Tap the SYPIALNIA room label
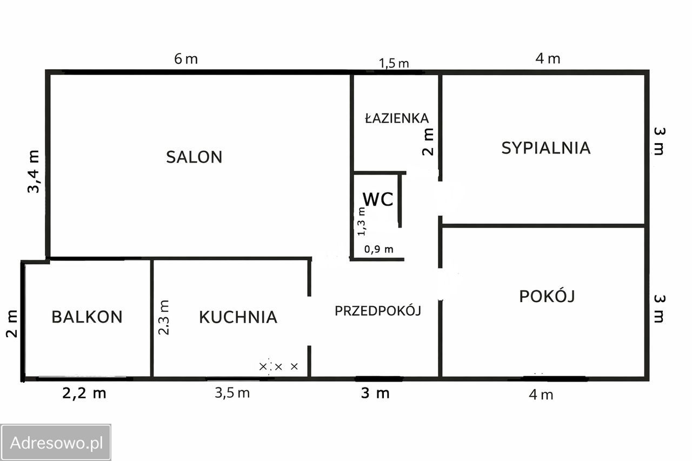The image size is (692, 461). (x=545, y=148)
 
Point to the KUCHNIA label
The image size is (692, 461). (x=238, y=317)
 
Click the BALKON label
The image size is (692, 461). (x=87, y=317)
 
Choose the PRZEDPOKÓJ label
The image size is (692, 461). (x=377, y=311)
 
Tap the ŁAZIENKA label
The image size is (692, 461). (x=397, y=118)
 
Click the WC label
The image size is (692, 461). (x=378, y=199)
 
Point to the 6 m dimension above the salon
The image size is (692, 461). (x=186, y=59)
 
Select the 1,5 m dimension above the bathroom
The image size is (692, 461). (x=394, y=63)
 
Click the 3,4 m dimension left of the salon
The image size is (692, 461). (x=34, y=171)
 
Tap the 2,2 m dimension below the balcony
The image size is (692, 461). (x=84, y=393)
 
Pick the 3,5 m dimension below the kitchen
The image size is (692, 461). (x=232, y=393)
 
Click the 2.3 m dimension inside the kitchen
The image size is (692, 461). (x=164, y=317)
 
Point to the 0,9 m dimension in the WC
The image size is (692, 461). (x=378, y=249)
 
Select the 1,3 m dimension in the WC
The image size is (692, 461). (x=362, y=222)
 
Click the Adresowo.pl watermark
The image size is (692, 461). (x=56, y=443)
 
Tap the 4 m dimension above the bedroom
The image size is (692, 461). (x=548, y=58)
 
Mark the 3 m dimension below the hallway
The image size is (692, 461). (x=375, y=393)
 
